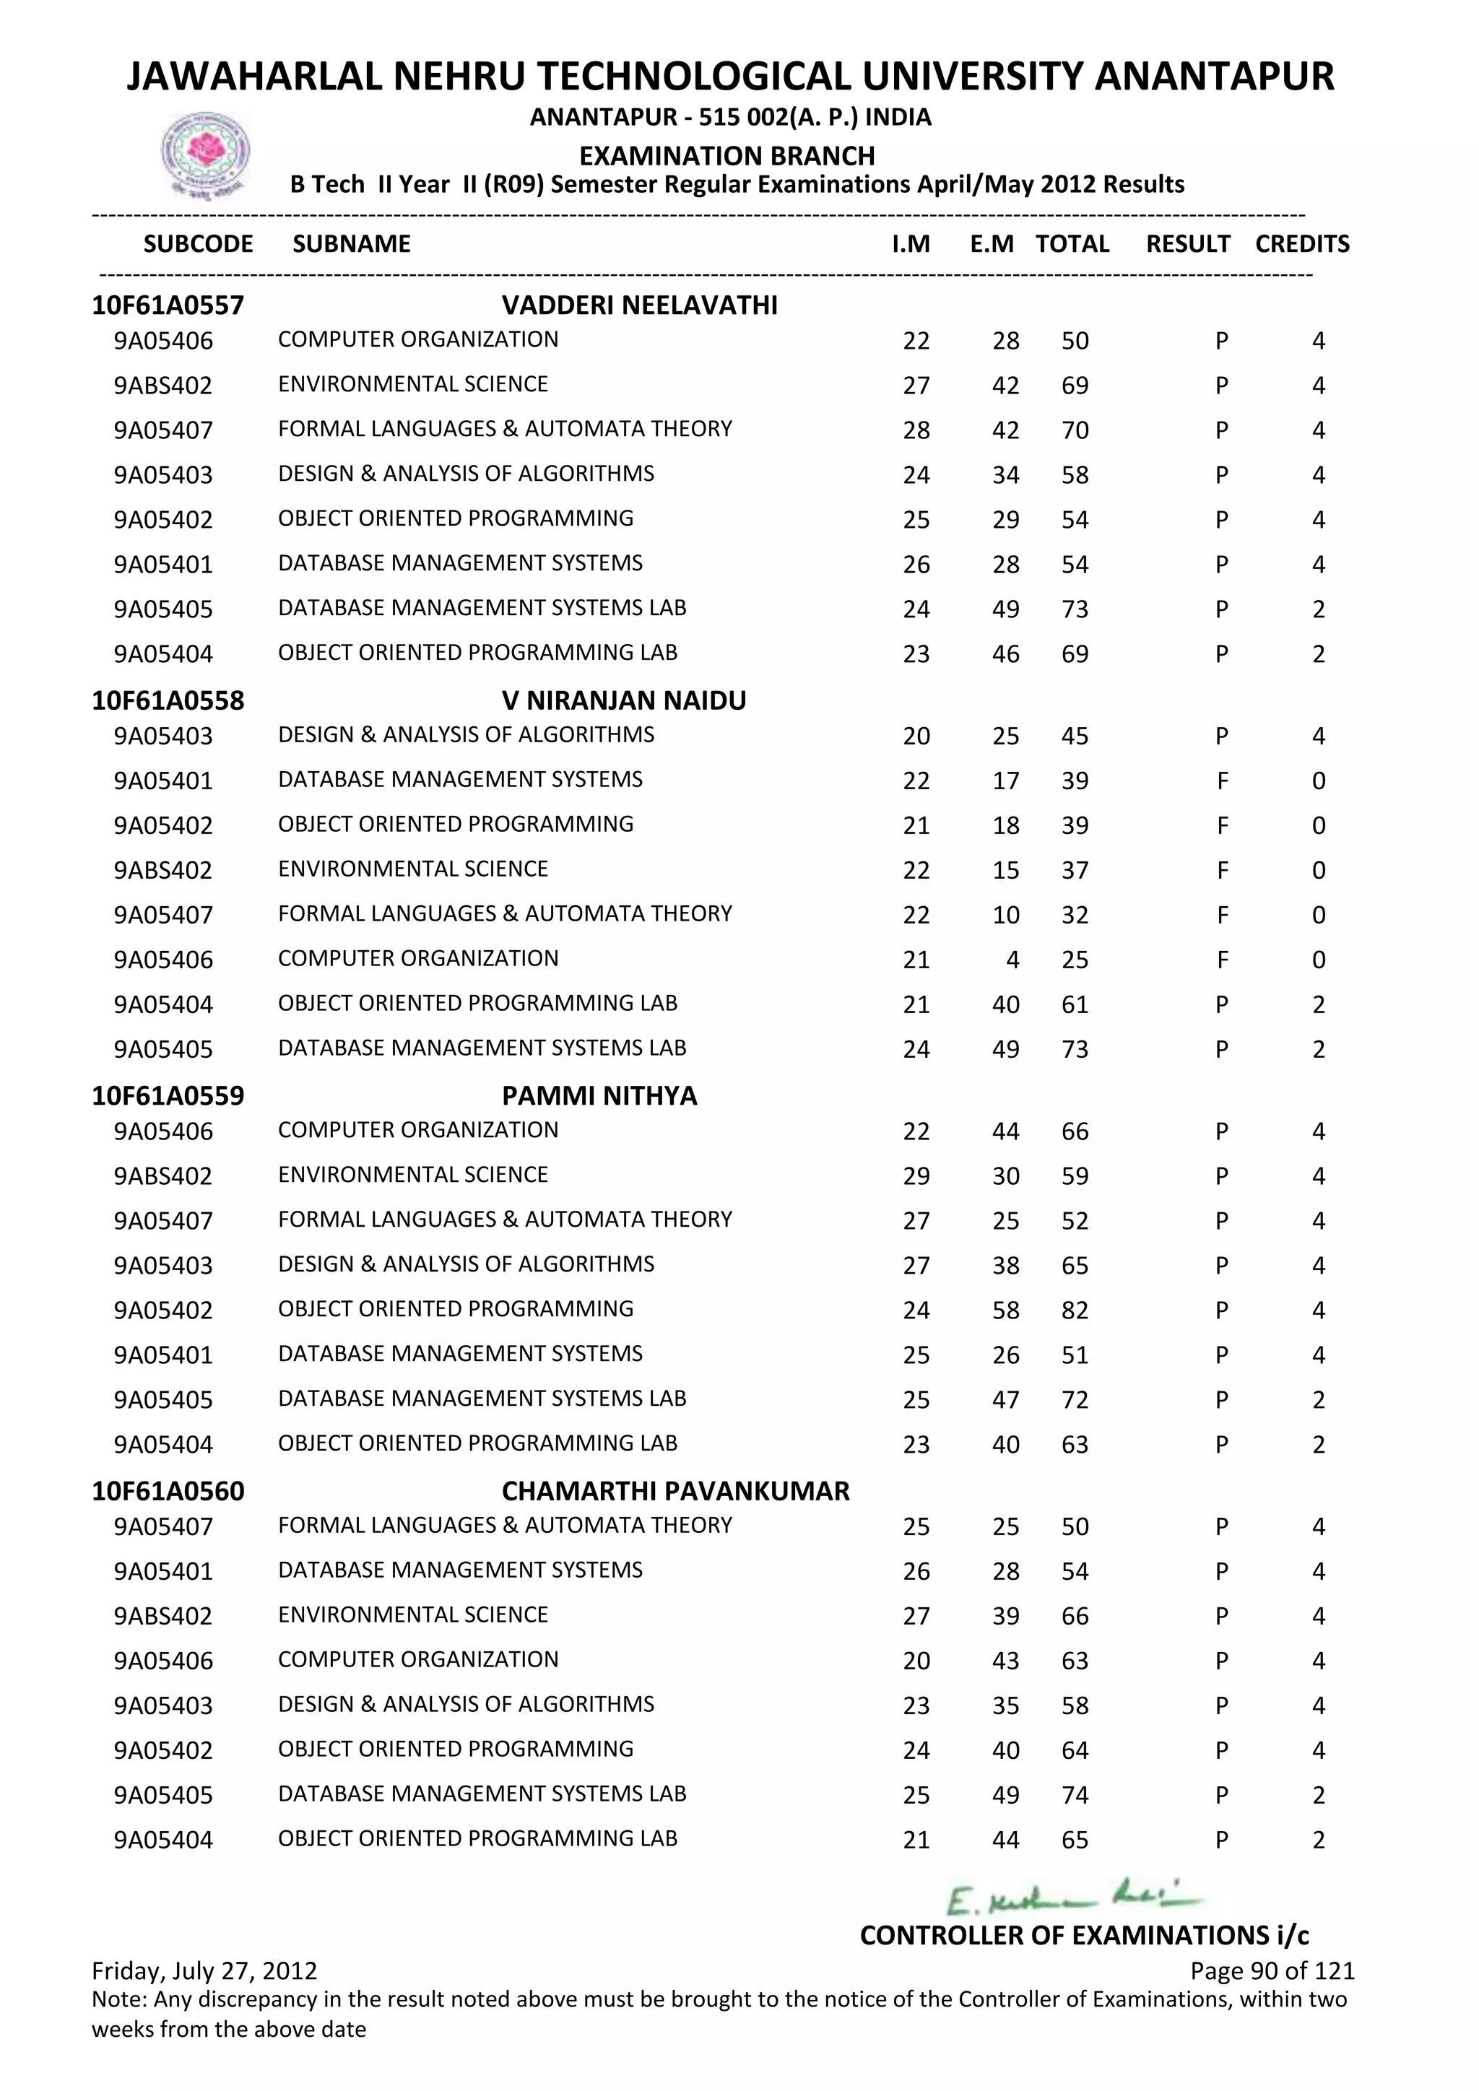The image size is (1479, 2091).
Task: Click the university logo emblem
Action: coord(205,155)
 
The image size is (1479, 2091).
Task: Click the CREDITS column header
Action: coord(1301,244)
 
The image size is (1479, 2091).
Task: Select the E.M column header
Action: coord(991,244)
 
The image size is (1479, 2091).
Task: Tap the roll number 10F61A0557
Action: coord(168,305)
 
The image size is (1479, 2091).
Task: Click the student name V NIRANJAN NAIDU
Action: coord(624,700)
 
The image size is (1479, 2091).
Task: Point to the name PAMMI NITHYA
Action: coord(599,1095)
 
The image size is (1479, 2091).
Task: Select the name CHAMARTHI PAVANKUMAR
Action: coord(675,1491)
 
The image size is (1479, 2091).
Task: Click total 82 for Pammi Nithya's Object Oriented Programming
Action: coord(1075,1310)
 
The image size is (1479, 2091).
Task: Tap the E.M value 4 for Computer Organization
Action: coord(1012,960)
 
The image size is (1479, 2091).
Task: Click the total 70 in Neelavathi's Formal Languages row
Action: coord(1075,430)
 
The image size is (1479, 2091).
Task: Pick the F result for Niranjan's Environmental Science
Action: coord(1222,871)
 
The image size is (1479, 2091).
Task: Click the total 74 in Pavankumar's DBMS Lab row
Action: coord(1075,1795)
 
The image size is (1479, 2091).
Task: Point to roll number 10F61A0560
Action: coord(168,1491)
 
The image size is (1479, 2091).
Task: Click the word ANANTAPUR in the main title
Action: coord(1213,77)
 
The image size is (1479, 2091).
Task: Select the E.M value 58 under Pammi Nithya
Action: coord(1005,1310)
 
